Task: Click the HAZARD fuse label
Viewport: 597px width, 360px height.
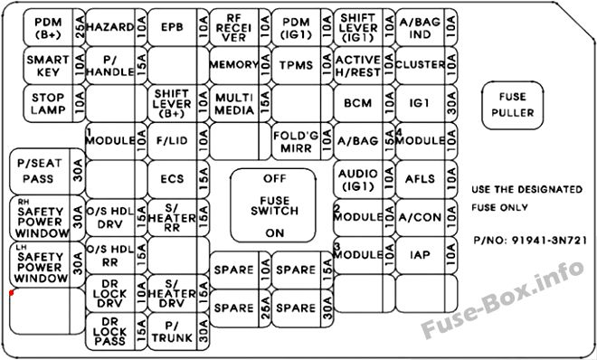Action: (110, 27)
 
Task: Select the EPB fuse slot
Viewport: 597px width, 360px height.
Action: (178, 27)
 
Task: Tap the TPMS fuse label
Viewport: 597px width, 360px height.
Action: (296, 65)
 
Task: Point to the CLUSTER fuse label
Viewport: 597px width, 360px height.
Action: (421, 65)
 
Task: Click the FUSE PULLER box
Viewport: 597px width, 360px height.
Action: (513, 105)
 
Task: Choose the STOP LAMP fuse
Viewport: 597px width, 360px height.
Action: (54, 103)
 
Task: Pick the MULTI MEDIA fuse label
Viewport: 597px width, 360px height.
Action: (234, 103)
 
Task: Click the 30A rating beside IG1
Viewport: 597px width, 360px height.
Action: (451, 103)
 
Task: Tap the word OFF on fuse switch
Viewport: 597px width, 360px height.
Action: (274, 178)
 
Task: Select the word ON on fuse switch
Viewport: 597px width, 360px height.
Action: (274, 232)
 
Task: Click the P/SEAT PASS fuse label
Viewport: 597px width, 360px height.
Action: (39, 171)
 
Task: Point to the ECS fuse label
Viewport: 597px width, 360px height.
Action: (172, 179)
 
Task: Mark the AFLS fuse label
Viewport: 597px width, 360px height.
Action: (420, 179)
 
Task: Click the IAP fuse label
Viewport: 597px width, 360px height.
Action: (420, 254)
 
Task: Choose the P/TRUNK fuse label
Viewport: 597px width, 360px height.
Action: (172, 332)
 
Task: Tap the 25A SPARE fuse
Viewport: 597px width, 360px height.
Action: (241, 308)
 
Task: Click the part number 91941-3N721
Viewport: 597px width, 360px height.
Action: (549, 241)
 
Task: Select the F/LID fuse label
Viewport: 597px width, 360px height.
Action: (172, 141)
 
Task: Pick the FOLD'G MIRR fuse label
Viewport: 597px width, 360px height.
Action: (296, 142)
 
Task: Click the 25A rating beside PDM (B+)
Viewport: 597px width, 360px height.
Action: (80, 27)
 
